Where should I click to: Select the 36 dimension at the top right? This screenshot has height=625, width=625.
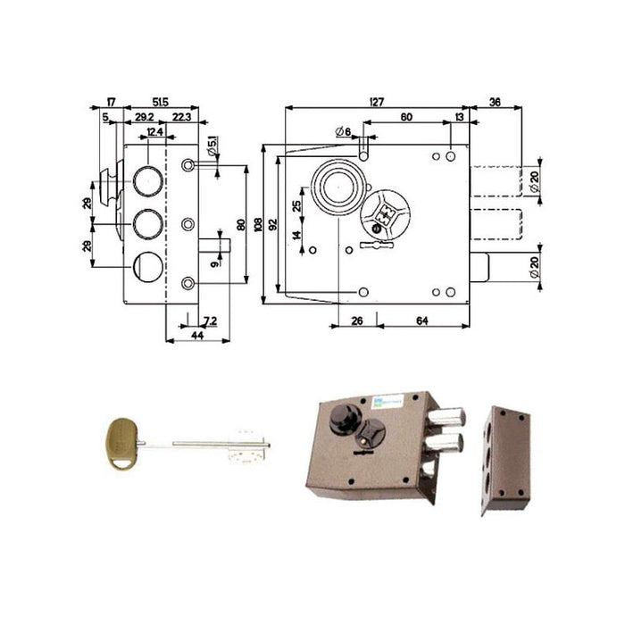tap(495, 103)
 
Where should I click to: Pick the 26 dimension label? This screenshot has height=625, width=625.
tap(357, 321)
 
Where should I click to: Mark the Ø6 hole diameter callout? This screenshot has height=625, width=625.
tap(342, 132)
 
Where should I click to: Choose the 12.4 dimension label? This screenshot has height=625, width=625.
tap(154, 132)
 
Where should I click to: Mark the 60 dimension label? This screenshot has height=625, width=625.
tap(405, 117)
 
